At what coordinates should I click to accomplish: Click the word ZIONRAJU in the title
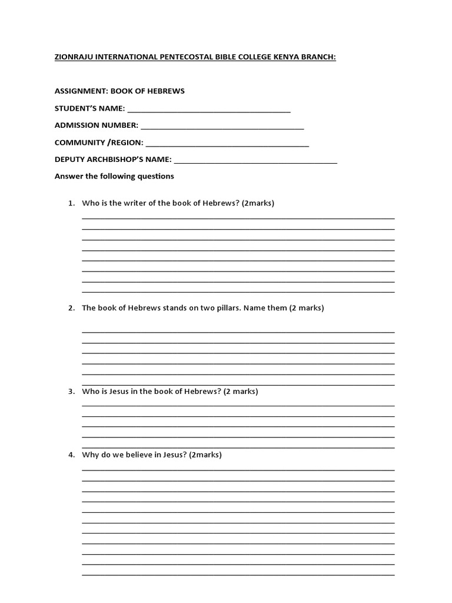[75, 58]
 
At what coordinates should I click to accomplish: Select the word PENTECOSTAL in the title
[190, 58]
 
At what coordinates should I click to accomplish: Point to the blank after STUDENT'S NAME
[208, 110]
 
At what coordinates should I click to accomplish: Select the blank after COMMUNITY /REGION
[227, 144]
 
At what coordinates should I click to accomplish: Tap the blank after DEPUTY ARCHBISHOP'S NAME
[255, 161]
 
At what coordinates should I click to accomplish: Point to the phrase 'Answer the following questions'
[114, 176]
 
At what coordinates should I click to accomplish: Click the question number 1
[71, 204]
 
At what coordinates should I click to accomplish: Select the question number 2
[71, 308]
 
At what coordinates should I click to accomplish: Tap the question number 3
[71, 392]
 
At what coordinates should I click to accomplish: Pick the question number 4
[71, 455]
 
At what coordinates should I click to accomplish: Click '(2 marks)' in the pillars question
[307, 308]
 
